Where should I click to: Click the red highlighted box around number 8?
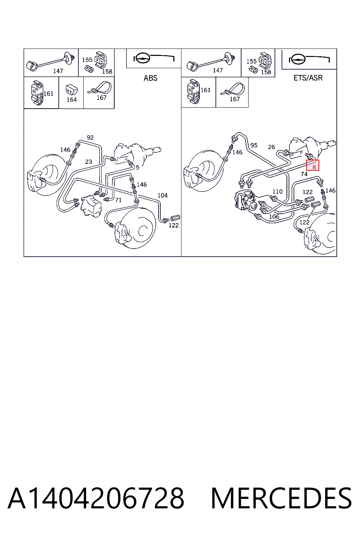click(x=313, y=165)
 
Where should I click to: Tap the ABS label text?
click(x=150, y=78)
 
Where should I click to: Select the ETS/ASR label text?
click(x=308, y=78)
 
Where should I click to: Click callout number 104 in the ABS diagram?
click(x=162, y=195)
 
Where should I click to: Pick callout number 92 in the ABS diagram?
click(x=90, y=137)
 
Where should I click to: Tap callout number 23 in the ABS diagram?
click(x=89, y=161)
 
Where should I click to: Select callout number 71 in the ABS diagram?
click(x=118, y=200)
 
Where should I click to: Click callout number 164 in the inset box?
click(x=72, y=99)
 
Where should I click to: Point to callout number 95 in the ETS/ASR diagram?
click(x=254, y=145)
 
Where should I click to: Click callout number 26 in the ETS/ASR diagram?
click(x=271, y=147)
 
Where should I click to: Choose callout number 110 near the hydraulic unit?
click(x=277, y=191)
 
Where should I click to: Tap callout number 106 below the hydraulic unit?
click(x=274, y=217)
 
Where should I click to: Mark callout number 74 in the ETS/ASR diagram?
click(x=304, y=174)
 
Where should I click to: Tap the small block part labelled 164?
click(x=72, y=90)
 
